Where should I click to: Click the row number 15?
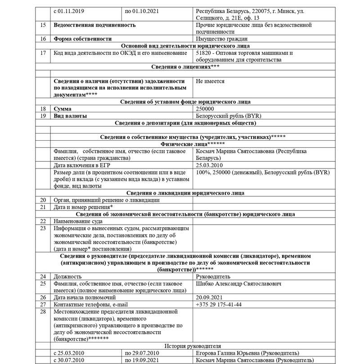click(43, 25)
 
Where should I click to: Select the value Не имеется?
click(211, 81)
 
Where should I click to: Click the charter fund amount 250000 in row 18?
click(205, 109)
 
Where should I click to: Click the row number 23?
click(43, 228)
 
